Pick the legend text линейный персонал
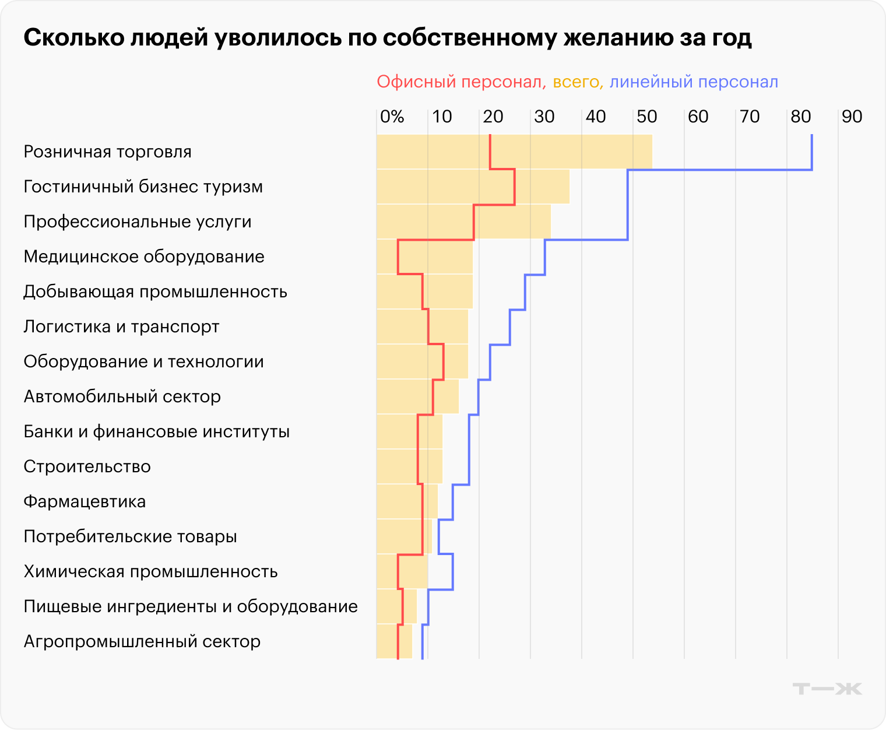[694, 82]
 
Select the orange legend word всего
[576, 82]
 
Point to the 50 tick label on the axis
[646, 117]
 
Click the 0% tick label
[392, 117]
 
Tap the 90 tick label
[852, 117]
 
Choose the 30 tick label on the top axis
[544, 117]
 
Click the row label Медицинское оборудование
[144, 257]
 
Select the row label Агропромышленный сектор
[142, 641]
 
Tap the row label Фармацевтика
[85, 501]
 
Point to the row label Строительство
[87, 466]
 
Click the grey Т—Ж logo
[827, 689]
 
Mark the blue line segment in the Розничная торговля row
[811, 152]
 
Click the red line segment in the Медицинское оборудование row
[398, 257]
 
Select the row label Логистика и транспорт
[121, 327]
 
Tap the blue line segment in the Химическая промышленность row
[453, 571]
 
